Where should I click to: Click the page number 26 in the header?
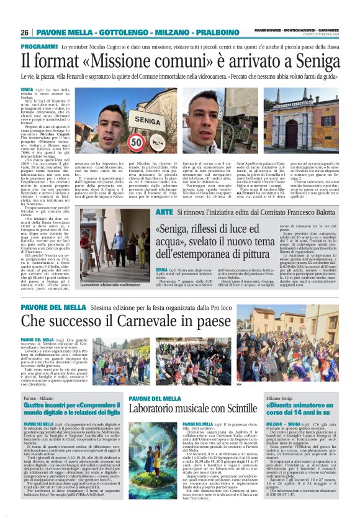tap(25, 32)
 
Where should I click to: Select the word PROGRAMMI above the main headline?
tap(39, 47)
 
